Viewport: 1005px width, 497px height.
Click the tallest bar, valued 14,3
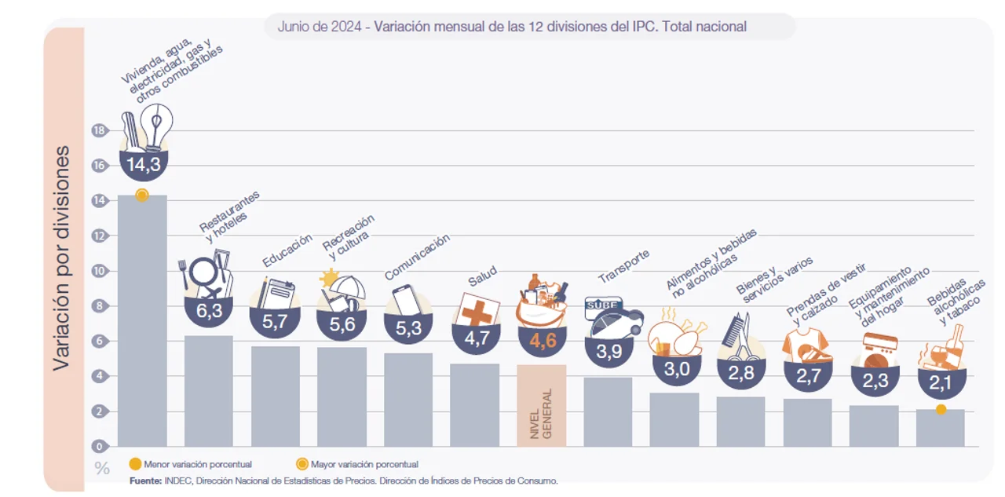pos(142,320)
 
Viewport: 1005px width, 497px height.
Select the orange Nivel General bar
pos(541,405)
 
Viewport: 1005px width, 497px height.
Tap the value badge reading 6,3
pos(210,310)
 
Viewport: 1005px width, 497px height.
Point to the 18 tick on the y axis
pos(99,130)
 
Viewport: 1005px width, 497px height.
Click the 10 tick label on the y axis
pos(99,271)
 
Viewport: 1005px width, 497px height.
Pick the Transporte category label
pos(624,266)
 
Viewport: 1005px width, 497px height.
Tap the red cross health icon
pos(477,310)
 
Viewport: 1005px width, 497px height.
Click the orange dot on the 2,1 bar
pos(941,409)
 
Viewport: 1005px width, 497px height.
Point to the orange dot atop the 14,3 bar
pos(141,196)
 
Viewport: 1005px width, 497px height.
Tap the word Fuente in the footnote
pos(146,481)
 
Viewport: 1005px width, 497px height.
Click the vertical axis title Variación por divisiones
pos(62,258)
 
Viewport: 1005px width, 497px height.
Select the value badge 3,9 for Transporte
pos(609,352)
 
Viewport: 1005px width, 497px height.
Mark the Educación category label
pos(287,250)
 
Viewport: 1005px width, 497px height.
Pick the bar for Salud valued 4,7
pos(474,404)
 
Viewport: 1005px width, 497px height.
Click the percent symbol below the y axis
pos(102,469)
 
